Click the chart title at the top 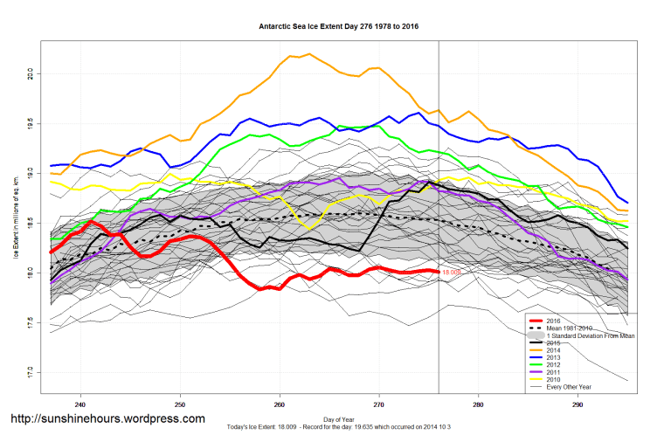(338, 27)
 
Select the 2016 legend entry (554, 320)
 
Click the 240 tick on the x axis (80, 404)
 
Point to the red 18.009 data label (452, 273)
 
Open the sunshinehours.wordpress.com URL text (107, 419)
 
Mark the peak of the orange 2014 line (310, 54)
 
